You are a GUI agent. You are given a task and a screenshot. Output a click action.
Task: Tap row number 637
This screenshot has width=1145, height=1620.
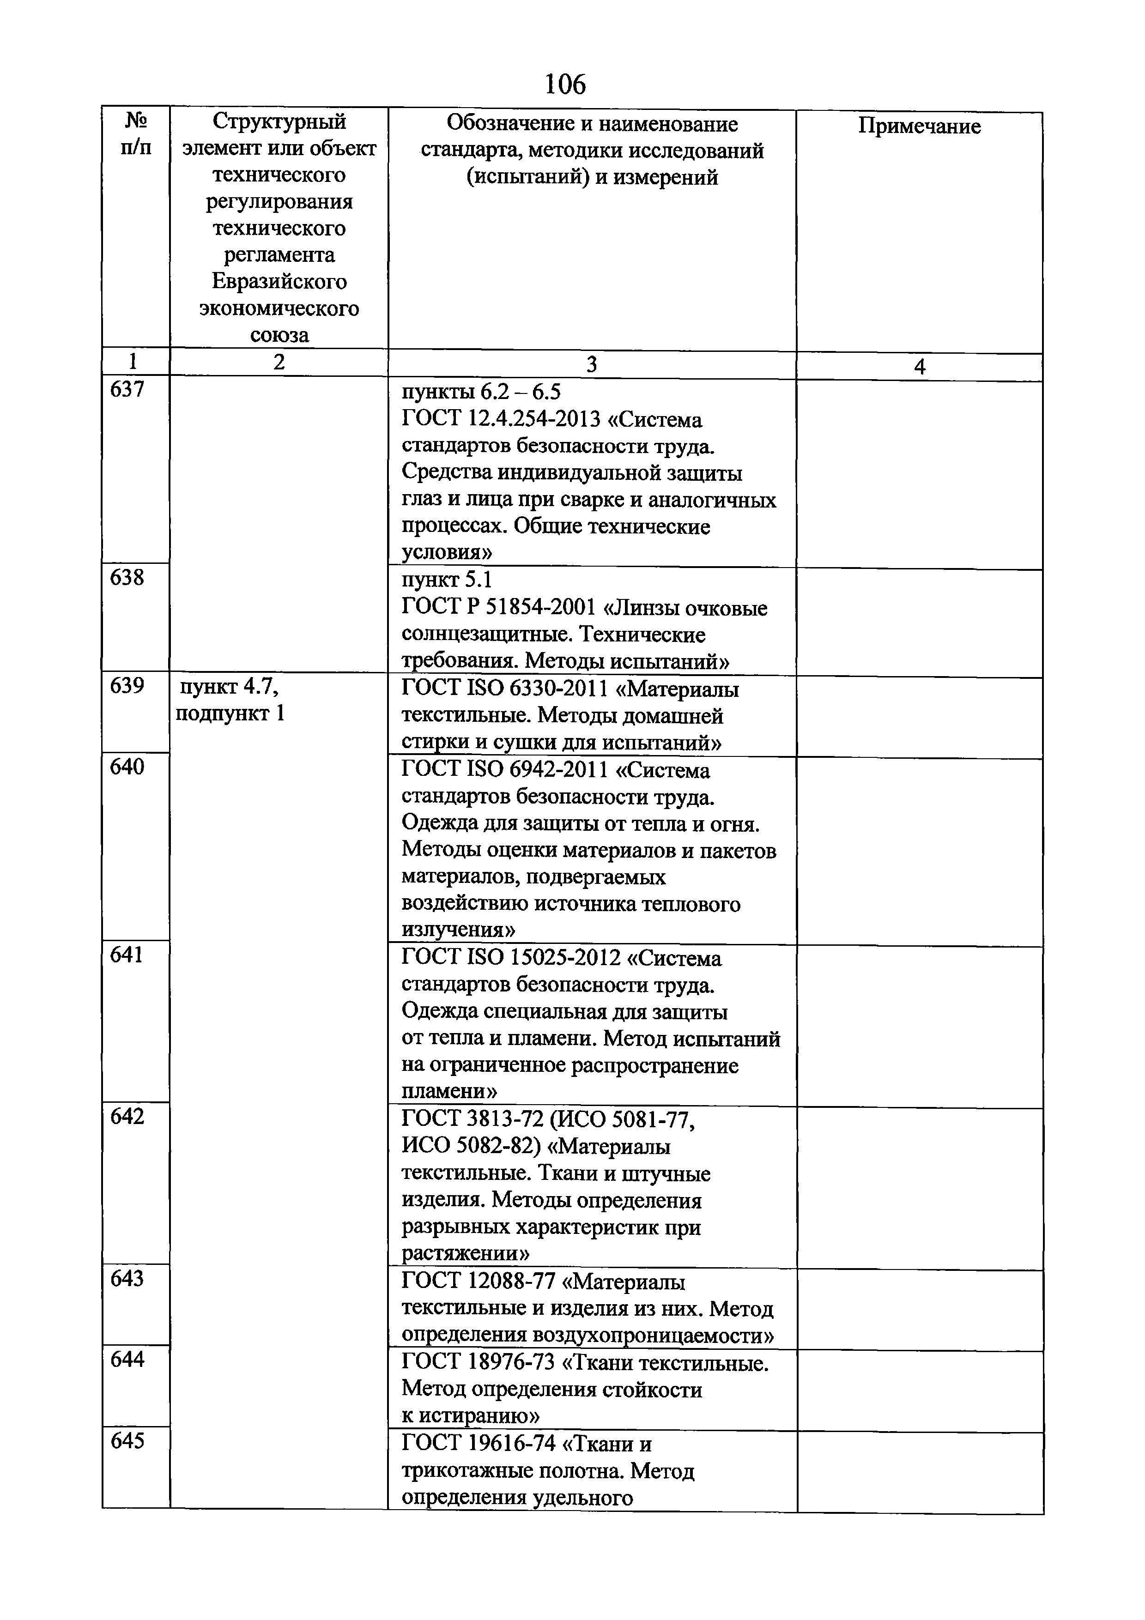[127, 389]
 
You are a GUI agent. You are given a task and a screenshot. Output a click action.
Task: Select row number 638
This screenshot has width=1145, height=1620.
[127, 578]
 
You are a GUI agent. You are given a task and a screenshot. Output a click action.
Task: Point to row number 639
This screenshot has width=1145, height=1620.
[127, 686]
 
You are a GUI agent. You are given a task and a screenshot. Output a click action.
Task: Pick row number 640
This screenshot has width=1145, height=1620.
[127, 767]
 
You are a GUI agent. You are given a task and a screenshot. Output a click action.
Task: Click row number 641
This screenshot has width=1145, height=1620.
[127, 955]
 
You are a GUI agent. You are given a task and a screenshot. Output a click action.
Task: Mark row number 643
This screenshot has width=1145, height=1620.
[127, 1279]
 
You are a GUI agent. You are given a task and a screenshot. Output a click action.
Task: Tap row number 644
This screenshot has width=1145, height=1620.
[127, 1360]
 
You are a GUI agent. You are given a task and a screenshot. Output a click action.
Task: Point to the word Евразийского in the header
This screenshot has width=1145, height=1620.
[279, 282]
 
